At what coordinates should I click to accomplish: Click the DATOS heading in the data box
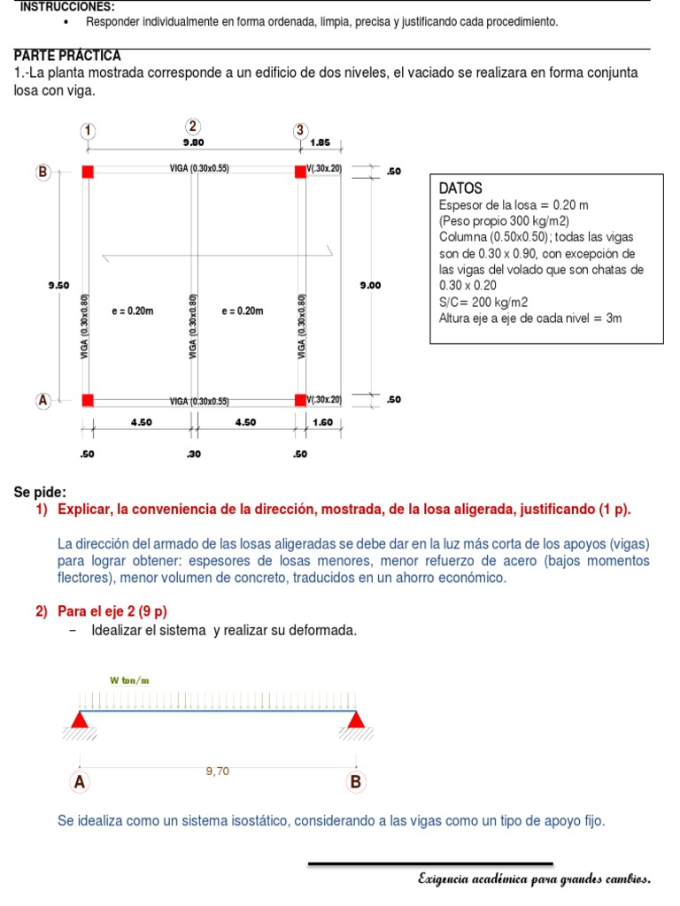click(x=460, y=188)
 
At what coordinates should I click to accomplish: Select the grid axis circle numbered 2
click(x=194, y=127)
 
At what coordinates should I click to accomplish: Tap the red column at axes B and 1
click(x=88, y=172)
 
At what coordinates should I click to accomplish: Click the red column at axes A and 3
click(x=300, y=400)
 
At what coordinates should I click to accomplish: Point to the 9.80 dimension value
click(x=193, y=142)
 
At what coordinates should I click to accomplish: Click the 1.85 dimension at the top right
click(x=321, y=142)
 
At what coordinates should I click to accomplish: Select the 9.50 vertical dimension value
click(x=58, y=285)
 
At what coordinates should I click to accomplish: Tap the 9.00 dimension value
click(x=370, y=285)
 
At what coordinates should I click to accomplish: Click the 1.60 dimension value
click(x=322, y=423)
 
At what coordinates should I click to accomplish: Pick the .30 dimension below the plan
click(x=193, y=455)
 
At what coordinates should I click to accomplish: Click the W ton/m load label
click(x=129, y=680)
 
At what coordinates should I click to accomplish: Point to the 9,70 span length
click(x=217, y=772)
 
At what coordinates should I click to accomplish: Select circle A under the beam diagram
click(x=80, y=782)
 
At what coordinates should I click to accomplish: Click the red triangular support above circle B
click(x=356, y=718)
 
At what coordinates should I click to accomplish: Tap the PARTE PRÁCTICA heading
click(x=68, y=56)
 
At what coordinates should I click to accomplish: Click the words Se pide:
click(x=40, y=492)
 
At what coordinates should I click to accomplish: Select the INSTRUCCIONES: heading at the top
click(x=61, y=6)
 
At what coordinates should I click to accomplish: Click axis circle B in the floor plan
click(x=42, y=173)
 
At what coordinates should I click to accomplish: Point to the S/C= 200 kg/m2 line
click(x=483, y=302)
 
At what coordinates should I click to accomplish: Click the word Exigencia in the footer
click(x=447, y=879)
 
